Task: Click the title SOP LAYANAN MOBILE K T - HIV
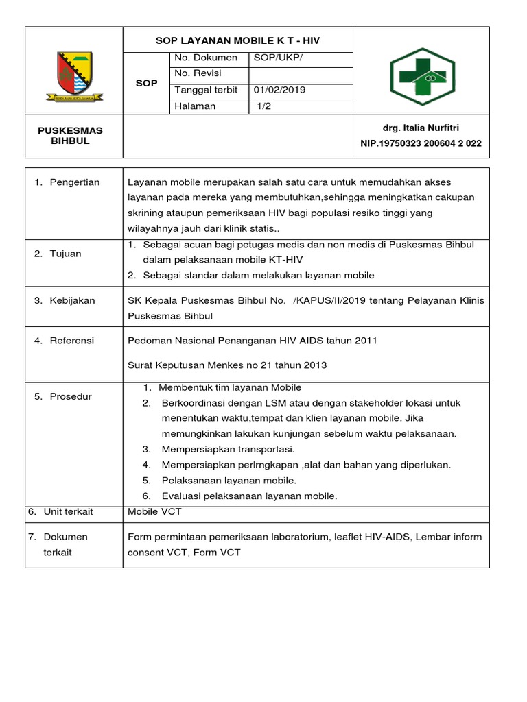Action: click(x=237, y=41)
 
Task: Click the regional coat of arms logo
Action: click(x=74, y=75)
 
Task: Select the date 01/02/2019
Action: click(x=279, y=90)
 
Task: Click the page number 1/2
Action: click(x=264, y=106)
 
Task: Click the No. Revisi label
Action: click(x=198, y=73)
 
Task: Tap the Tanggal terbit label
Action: click(x=206, y=90)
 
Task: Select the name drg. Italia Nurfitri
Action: click(x=421, y=128)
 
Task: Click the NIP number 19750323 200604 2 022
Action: click(x=421, y=143)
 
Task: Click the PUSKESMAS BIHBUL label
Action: click(x=74, y=136)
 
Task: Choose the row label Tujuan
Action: click(x=65, y=254)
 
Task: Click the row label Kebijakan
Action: click(x=72, y=300)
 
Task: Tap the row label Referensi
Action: click(x=71, y=341)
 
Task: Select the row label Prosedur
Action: click(x=71, y=396)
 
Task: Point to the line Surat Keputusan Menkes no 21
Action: click(x=227, y=365)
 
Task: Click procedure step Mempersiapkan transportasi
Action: click(x=228, y=449)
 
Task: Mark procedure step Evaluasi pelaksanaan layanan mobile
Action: click(x=249, y=496)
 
